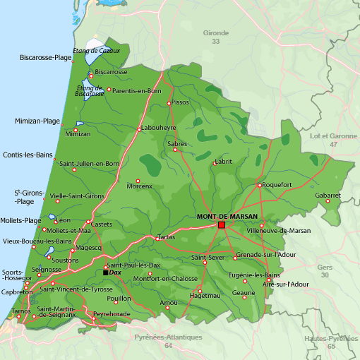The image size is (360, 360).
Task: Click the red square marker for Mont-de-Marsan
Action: point(221,224)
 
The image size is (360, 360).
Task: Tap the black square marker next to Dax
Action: point(106,272)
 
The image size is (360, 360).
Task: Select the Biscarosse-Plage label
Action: point(46,57)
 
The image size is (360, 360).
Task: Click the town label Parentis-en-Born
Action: point(137,90)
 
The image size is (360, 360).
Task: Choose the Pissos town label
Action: point(181,102)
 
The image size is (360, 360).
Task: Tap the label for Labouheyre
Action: point(159,128)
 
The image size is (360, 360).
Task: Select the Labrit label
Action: point(224,161)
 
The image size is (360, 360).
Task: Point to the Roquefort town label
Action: point(276,185)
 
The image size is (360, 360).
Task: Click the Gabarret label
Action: point(328,195)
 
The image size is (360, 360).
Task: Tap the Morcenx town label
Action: point(139,186)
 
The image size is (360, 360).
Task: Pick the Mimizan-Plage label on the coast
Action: point(37,121)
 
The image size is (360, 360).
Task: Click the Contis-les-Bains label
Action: point(28,155)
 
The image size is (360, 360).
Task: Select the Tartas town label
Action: point(166,237)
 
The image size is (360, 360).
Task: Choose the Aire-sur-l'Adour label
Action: point(286,284)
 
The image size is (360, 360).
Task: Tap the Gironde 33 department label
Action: point(216,37)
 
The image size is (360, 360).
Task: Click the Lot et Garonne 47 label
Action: point(333,139)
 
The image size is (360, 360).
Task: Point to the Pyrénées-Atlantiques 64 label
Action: point(168,341)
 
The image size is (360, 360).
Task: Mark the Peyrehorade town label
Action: point(112,313)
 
